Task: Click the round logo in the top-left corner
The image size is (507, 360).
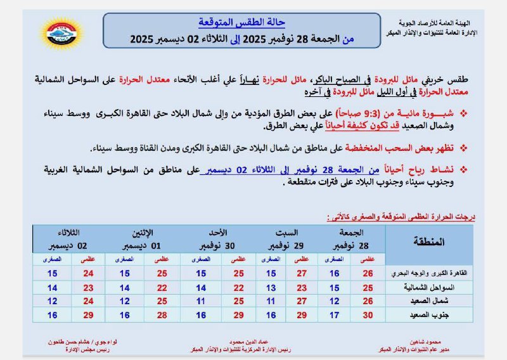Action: [x=59, y=32]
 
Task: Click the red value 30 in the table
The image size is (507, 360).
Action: [x=368, y=315]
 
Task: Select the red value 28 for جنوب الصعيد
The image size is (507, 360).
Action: [x=162, y=315]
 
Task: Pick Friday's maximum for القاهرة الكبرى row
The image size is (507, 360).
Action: [x=368, y=273]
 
